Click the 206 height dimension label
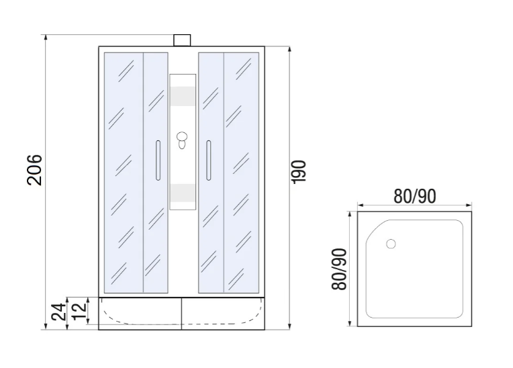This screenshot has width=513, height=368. [x=34, y=170]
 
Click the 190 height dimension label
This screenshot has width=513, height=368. [x=298, y=172]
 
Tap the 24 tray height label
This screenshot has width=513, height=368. [x=59, y=312]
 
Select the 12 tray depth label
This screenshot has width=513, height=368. [x=79, y=311]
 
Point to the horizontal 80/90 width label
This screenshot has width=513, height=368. [x=414, y=196]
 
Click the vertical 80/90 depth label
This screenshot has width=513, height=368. [x=339, y=269]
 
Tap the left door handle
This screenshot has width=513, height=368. [x=158, y=160]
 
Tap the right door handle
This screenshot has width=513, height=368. [x=208, y=160]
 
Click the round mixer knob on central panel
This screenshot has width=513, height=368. [x=182, y=136]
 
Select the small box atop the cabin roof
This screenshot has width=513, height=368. [x=182, y=40]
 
